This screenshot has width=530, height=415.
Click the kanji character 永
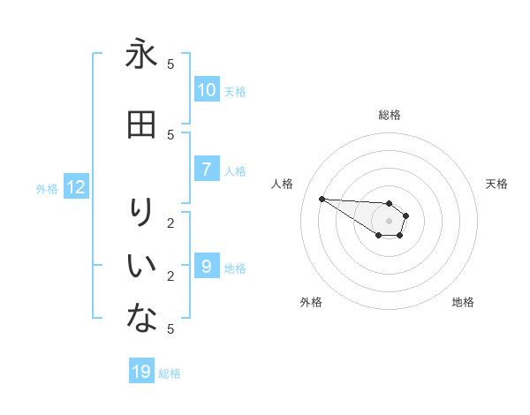pyautogui.click(x=141, y=55)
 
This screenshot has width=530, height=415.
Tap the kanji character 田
pyautogui.click(x=141, y=125)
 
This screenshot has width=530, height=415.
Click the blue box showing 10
pyautogui.click(x=207, y=90)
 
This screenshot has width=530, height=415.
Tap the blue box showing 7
pyautogui.click(x=207, y=170)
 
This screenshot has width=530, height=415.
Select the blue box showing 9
pyautogui.click(x=207, y=266)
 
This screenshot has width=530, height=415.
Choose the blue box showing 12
pyautogui.click(x=76, y=187)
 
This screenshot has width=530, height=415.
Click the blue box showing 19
pyautogui.click(x=141, y=372)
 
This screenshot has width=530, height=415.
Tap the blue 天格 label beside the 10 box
pyautogui.click(x=235, y=91)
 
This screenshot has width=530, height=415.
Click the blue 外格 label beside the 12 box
pyautogui.click(x=47, y=188)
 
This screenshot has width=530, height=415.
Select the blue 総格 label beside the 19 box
pyautogui.click(x=170, y=373)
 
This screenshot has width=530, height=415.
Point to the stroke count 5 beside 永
pyautogui.click(x=171, y=64)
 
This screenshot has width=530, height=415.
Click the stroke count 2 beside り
pyautogui.click(x=171, y=223)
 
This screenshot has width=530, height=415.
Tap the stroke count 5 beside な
pyautogui.click(x=171, y=328)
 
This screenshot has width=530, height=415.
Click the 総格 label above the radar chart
pyautogui.click(x=390, y=115)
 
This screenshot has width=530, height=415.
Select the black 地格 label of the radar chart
pyautogui.click(x=463, y=302)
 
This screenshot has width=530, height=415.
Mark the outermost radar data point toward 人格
pyautogui.click(x=322, y=199)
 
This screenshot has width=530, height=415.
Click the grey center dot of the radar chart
pyautogui.click(x=389, y=221)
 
